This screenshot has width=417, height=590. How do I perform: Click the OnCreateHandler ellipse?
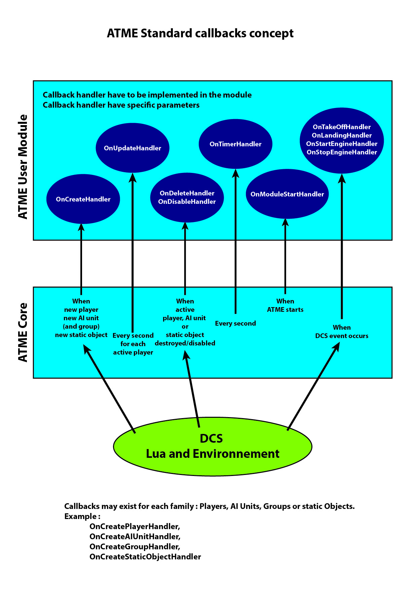point(83,199)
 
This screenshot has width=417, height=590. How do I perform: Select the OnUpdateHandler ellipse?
point(132,148)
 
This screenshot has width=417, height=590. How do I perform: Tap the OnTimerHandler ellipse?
point(235,144)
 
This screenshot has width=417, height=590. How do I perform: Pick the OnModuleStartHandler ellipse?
point(287,194)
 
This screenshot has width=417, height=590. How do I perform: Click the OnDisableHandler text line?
point(187,201)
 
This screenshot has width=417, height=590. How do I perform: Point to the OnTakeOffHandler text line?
point(342,127)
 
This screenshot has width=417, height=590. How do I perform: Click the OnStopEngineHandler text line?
point(342,152)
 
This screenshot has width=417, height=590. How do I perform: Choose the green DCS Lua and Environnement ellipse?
point(213,446)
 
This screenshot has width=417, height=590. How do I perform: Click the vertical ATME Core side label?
point(23,332)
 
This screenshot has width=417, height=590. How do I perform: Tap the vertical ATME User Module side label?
point(23,167)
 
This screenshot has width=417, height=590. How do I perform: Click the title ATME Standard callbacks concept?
point(200,33)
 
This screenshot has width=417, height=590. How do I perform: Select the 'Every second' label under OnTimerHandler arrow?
point(235,323)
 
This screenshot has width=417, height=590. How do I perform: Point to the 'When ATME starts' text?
point(285,305)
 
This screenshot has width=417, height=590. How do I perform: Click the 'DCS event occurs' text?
point(342,336)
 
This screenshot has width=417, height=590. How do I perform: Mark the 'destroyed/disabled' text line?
point(185,343)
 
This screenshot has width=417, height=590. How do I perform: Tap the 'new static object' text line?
point(81,335)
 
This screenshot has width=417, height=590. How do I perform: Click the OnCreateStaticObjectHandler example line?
point(145,557)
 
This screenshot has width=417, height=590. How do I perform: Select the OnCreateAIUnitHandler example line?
point(135,537)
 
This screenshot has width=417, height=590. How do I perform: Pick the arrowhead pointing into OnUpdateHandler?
point(133,177)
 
